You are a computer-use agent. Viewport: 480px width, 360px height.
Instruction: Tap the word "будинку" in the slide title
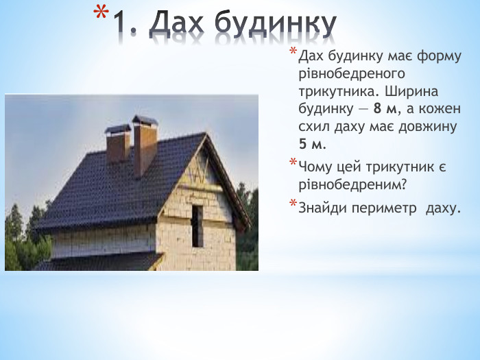276,25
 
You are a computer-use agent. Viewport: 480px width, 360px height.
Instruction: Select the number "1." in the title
126,25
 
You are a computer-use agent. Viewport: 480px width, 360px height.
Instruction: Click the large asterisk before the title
100,15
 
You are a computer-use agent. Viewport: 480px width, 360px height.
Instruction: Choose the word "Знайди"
321,206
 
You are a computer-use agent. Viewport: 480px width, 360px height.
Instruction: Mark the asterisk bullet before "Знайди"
293,204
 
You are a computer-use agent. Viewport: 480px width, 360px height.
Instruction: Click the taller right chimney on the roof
145,144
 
